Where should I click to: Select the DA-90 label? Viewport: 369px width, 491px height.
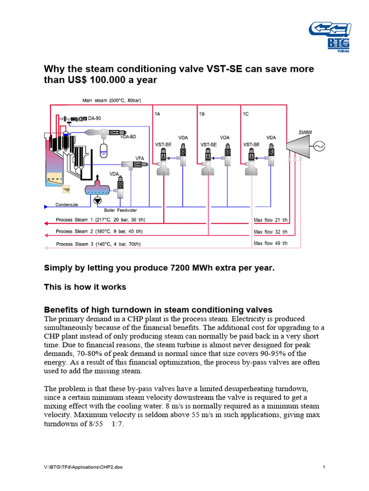(x=95, y=118)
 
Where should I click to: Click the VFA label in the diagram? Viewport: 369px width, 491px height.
(x=139, y=157)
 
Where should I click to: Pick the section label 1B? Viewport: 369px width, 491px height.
(x=202, y=114)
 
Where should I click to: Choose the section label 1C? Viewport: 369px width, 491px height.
(x=246, y=114)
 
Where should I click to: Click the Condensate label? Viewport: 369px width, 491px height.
(x=67, y=205)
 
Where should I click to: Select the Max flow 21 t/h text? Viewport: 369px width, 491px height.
(x=271, y=221)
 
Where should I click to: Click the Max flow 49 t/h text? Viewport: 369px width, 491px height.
(x=271, y=243)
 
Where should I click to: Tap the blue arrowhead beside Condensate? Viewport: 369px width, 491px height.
(x=46, y=207)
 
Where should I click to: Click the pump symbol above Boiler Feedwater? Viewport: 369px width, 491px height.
(x=98, y=201)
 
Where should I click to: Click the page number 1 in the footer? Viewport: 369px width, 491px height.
(x=324, y=467)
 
